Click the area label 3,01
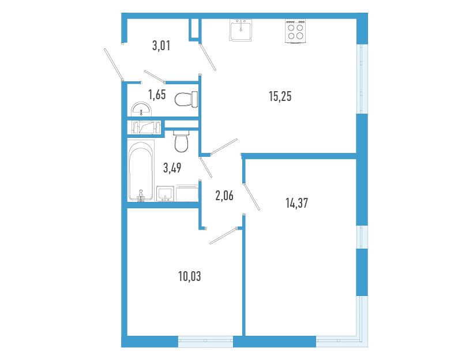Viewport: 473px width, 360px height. (x=162, y=46)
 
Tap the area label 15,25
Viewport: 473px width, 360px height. (x=280, y=96)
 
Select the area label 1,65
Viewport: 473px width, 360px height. (x=157, y=95)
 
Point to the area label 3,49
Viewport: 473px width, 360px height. (x=172, y=168)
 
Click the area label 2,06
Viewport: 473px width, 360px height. (x=224, y=196)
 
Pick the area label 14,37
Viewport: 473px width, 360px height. (x=297, y=202)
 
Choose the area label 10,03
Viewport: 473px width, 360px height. (x=190, y=276)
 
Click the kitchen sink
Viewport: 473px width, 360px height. (x=241, y=30)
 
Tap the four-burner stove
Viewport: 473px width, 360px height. (x=295, y=31)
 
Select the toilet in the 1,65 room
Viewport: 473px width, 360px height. (x=186, y=99)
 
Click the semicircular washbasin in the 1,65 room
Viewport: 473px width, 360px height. (x=141, y=109)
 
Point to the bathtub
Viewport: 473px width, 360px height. (x=141, y=171)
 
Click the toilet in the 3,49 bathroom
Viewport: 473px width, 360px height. (x=181, y=141)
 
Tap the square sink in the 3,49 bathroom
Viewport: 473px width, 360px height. (x=165, y=194)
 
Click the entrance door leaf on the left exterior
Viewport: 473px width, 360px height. (x=114, y=64)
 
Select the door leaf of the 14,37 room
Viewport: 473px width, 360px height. (x=252, y=197)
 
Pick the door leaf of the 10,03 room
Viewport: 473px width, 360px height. (x=224, y=236)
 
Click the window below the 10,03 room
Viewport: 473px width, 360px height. (x=205, y=341)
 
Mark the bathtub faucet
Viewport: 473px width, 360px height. (x=141, y=196)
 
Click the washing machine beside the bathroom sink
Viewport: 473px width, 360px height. (x=187, y=194)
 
